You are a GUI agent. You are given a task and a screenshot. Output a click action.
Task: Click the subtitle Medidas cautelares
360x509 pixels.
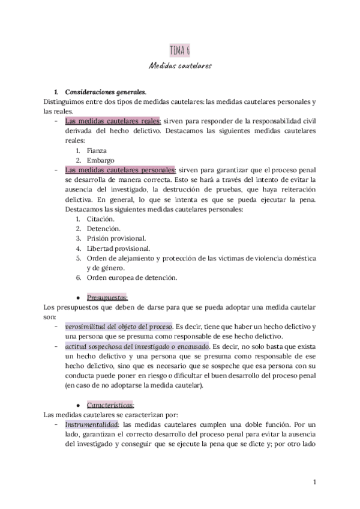tap(180, 65)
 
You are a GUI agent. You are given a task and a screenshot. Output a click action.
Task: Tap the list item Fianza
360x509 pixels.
tap(97, 151)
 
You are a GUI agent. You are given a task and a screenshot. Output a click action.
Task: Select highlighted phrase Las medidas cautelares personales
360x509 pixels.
tap(119, 170)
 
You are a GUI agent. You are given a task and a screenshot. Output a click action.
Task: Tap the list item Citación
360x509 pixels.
tap(100, 219)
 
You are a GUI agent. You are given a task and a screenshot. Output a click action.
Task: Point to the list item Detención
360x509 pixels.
tap(103, 229)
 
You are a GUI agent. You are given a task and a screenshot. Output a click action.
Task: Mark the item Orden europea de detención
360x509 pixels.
tap(131, 277)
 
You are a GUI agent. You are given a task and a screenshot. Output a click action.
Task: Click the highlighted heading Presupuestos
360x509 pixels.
tap(107, 297)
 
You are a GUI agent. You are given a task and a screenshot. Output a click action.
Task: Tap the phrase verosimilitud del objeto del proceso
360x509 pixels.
tap(118, 326)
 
